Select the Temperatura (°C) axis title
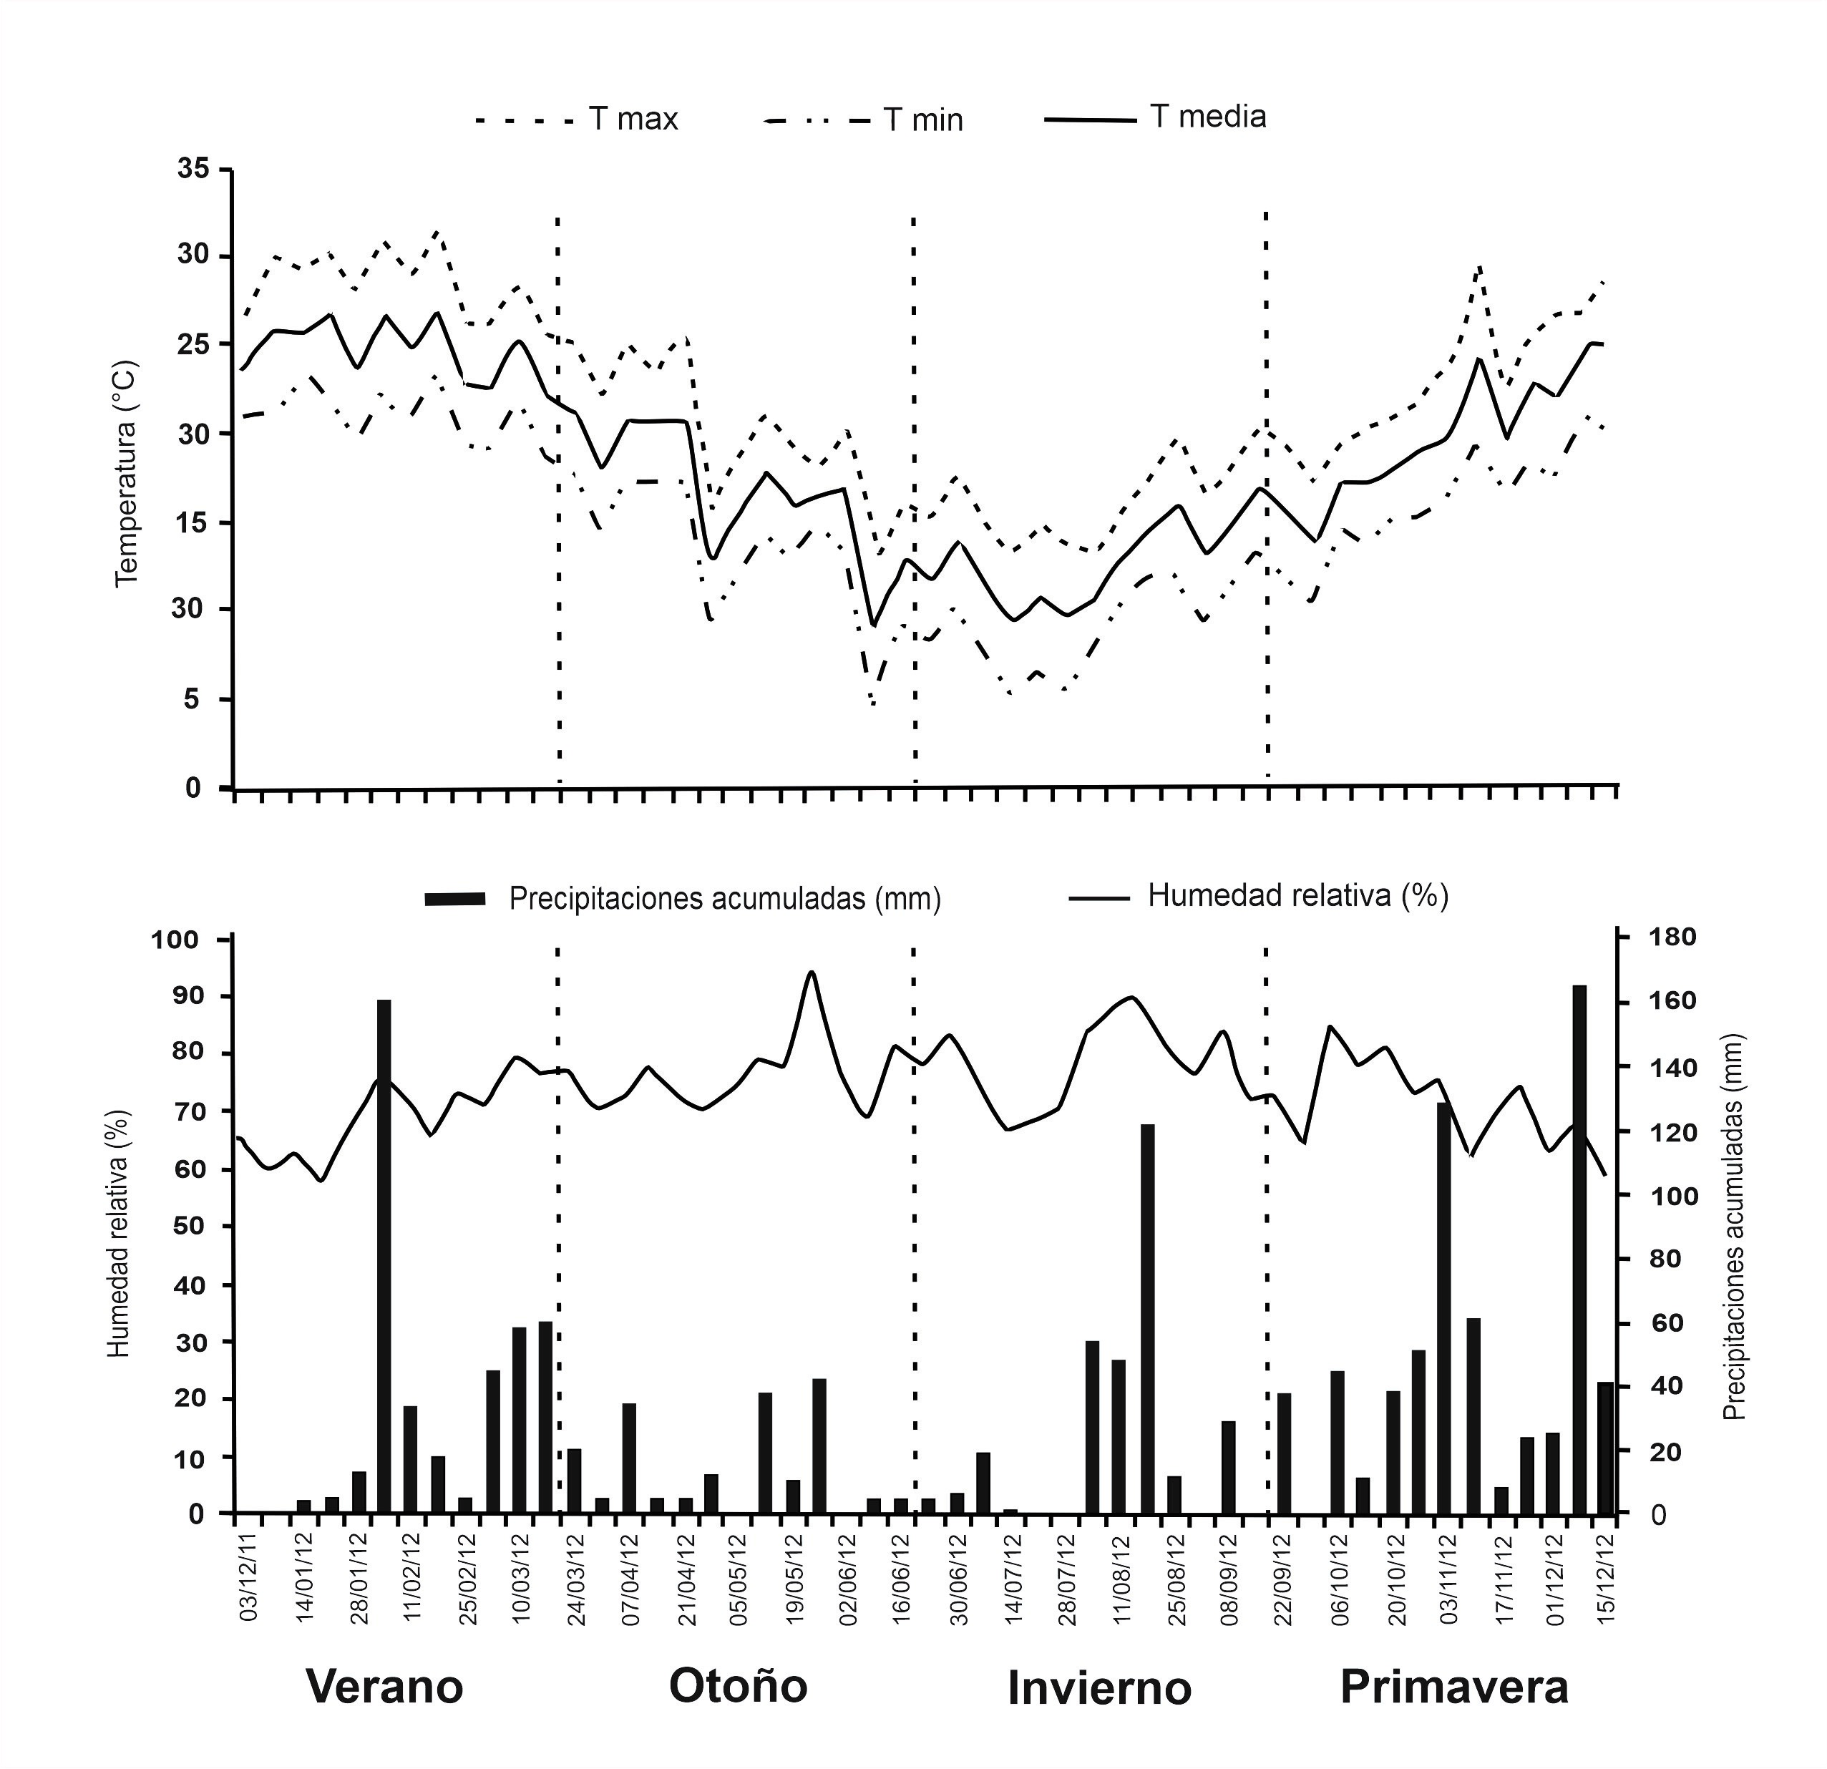[x=126, y=474]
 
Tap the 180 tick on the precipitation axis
[x=1674, y=937]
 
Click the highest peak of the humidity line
[x=811, y=972]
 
